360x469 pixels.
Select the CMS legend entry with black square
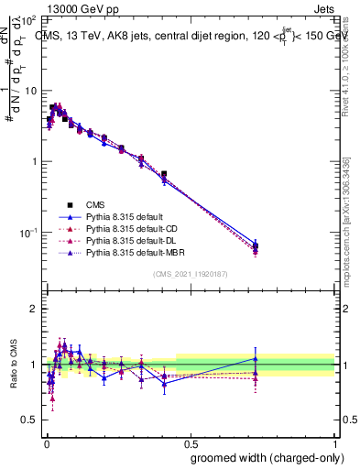tap(96, 204)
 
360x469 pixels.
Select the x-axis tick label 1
tap(336, 442)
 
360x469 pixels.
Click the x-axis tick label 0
tap(46, 442)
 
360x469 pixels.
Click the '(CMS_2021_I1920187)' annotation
tap(191, 274)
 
